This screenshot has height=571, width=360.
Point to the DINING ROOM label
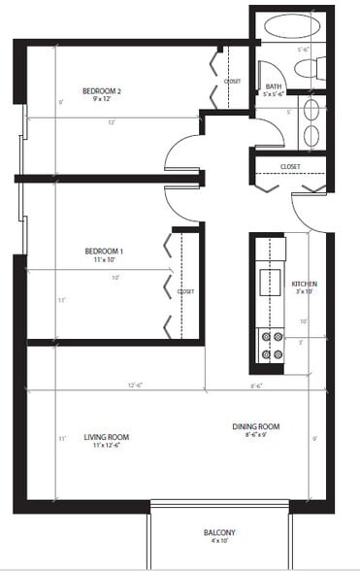click(255, 426)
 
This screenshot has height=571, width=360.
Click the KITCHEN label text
click(306, 285)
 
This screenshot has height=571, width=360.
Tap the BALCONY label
click(219, 533)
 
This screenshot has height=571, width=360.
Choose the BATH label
click(273, 85)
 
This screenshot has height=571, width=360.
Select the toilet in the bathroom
click(311, 69)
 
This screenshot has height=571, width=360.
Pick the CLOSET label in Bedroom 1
click(186, 291)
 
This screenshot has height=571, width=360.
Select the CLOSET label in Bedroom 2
click(232, 82)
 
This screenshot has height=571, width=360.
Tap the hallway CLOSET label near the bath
click(289, 166)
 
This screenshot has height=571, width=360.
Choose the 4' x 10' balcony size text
click(219, 544)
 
